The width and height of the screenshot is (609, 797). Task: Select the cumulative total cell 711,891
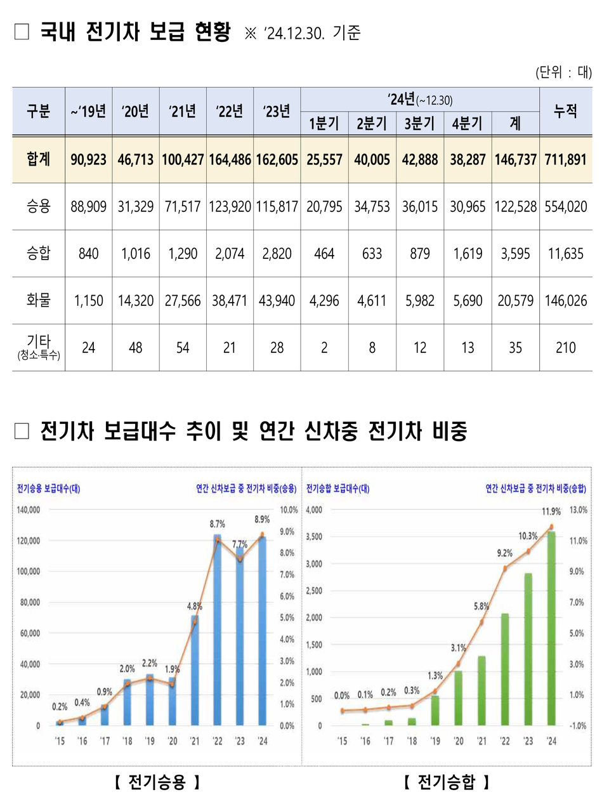click(x=565, y=160)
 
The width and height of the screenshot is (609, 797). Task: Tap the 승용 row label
click(x=38, y=206)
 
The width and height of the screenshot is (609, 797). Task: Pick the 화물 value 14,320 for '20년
click(x=136, y=301)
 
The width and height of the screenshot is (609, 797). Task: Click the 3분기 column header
click(x=419, y=123)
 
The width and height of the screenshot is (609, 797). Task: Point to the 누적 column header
click(x=565, y=111)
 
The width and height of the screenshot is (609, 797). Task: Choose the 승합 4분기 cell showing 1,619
click(x=468, y=254)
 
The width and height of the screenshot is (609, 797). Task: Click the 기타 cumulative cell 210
click(x=565, y=348)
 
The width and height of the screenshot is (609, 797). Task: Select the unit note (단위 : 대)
click(x=563, y=72)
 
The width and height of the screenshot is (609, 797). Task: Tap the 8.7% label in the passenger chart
click(x=217, y=524)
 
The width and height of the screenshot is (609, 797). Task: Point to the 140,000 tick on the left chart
click(x=29, y=510)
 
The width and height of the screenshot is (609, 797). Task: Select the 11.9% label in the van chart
click(x=551, y=511)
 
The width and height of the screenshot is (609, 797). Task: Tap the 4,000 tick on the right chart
click(x=314, y=510)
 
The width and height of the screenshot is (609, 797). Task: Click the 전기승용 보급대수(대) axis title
click(x=48, y=489)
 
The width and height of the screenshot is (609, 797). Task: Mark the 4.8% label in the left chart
click(x=194, y=606)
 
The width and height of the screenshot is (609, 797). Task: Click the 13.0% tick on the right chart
click(x=578, y=510)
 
